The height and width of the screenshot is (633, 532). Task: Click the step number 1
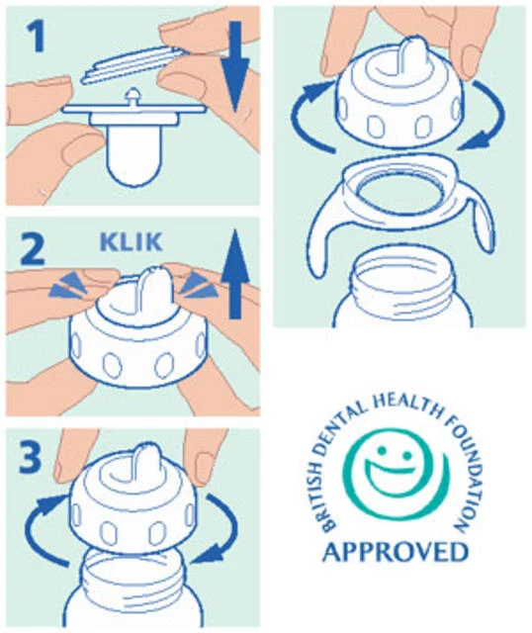pos(35,37)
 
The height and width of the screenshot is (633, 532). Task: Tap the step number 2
pos(32,249)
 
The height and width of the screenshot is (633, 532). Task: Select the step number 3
pos(31,457)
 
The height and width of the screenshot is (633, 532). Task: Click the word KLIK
pos(132,241)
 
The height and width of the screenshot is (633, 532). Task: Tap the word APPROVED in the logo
pos(396,552)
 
